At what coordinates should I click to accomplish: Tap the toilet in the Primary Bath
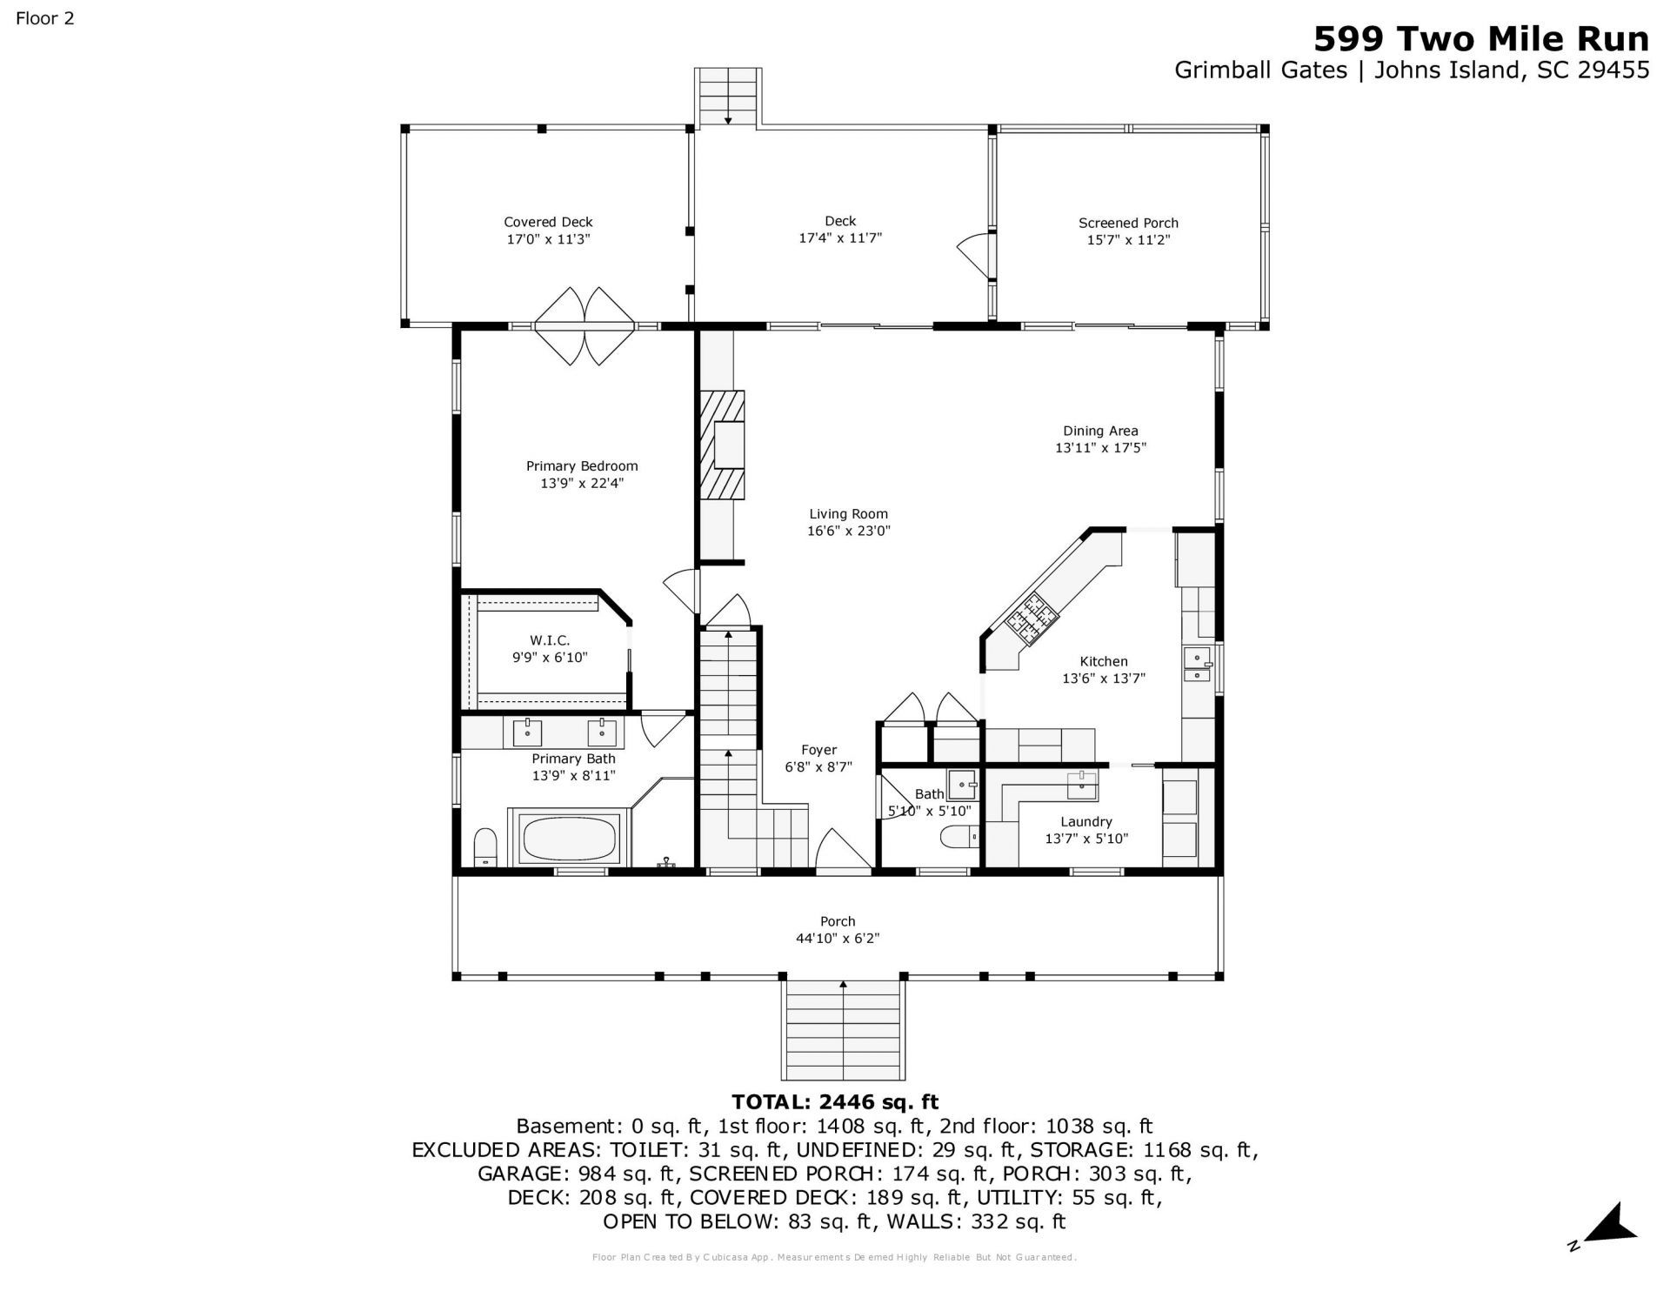coord(485,847)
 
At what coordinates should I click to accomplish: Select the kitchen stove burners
coord(1032,619)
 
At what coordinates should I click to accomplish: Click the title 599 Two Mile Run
coord(1480,39)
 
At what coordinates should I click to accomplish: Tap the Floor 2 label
coord(45,18)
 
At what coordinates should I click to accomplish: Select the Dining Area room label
coord(1100,431)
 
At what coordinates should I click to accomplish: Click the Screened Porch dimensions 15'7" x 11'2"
coord(1128,240)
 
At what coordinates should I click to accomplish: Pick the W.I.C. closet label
coord(550,640)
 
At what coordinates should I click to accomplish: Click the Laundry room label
coord(1086,821)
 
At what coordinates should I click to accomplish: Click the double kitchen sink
coord(1198,666)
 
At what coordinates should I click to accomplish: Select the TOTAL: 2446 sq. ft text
coord(835,1102)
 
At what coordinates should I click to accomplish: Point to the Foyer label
coord(819,750)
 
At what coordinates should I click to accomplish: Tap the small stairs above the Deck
coord(728,97)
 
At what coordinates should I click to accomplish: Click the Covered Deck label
coord(548,222)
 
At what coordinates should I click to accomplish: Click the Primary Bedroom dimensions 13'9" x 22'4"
coord(582,483)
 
